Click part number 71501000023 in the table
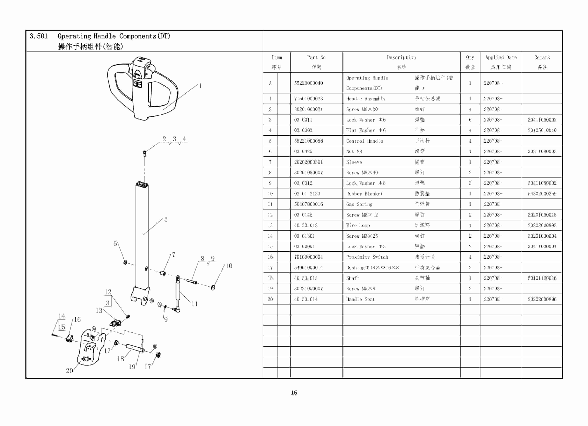(308, 99)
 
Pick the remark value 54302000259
(542, 194)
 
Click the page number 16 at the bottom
(294, 392)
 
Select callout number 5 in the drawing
(166, 219)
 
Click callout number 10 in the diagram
(229, 266)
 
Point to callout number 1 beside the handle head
(200, 86)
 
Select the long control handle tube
(142, 233)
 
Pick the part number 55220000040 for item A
(308, 83)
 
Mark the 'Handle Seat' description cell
(360, 299)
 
